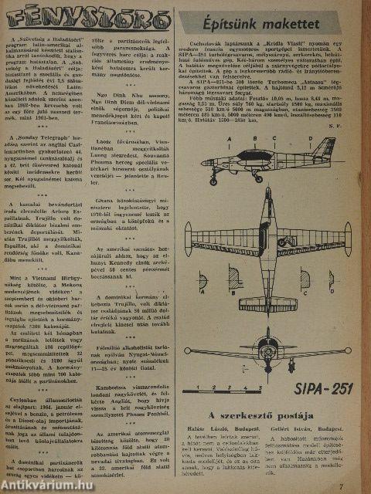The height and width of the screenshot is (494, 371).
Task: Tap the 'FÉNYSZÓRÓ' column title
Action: [x=87, y=15]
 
